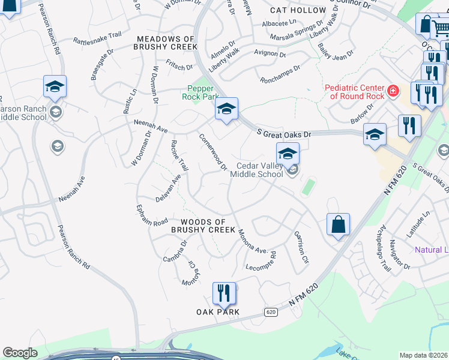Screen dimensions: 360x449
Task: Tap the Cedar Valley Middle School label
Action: tap(259, 170)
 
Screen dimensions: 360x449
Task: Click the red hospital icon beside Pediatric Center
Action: tap(393, 91)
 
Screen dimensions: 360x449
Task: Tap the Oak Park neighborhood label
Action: tap(218, 312)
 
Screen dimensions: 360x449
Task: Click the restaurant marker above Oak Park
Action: tap(224, 293)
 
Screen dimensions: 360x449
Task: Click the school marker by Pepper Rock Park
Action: tap(226, 109)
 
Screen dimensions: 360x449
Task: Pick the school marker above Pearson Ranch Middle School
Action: tap(55, 86)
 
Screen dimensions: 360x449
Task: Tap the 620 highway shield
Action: tap(271, 312)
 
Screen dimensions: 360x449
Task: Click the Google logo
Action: tap(20, 353)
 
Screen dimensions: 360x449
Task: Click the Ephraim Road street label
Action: tap(152, 217)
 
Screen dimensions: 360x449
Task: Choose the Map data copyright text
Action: tap(424, 355)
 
